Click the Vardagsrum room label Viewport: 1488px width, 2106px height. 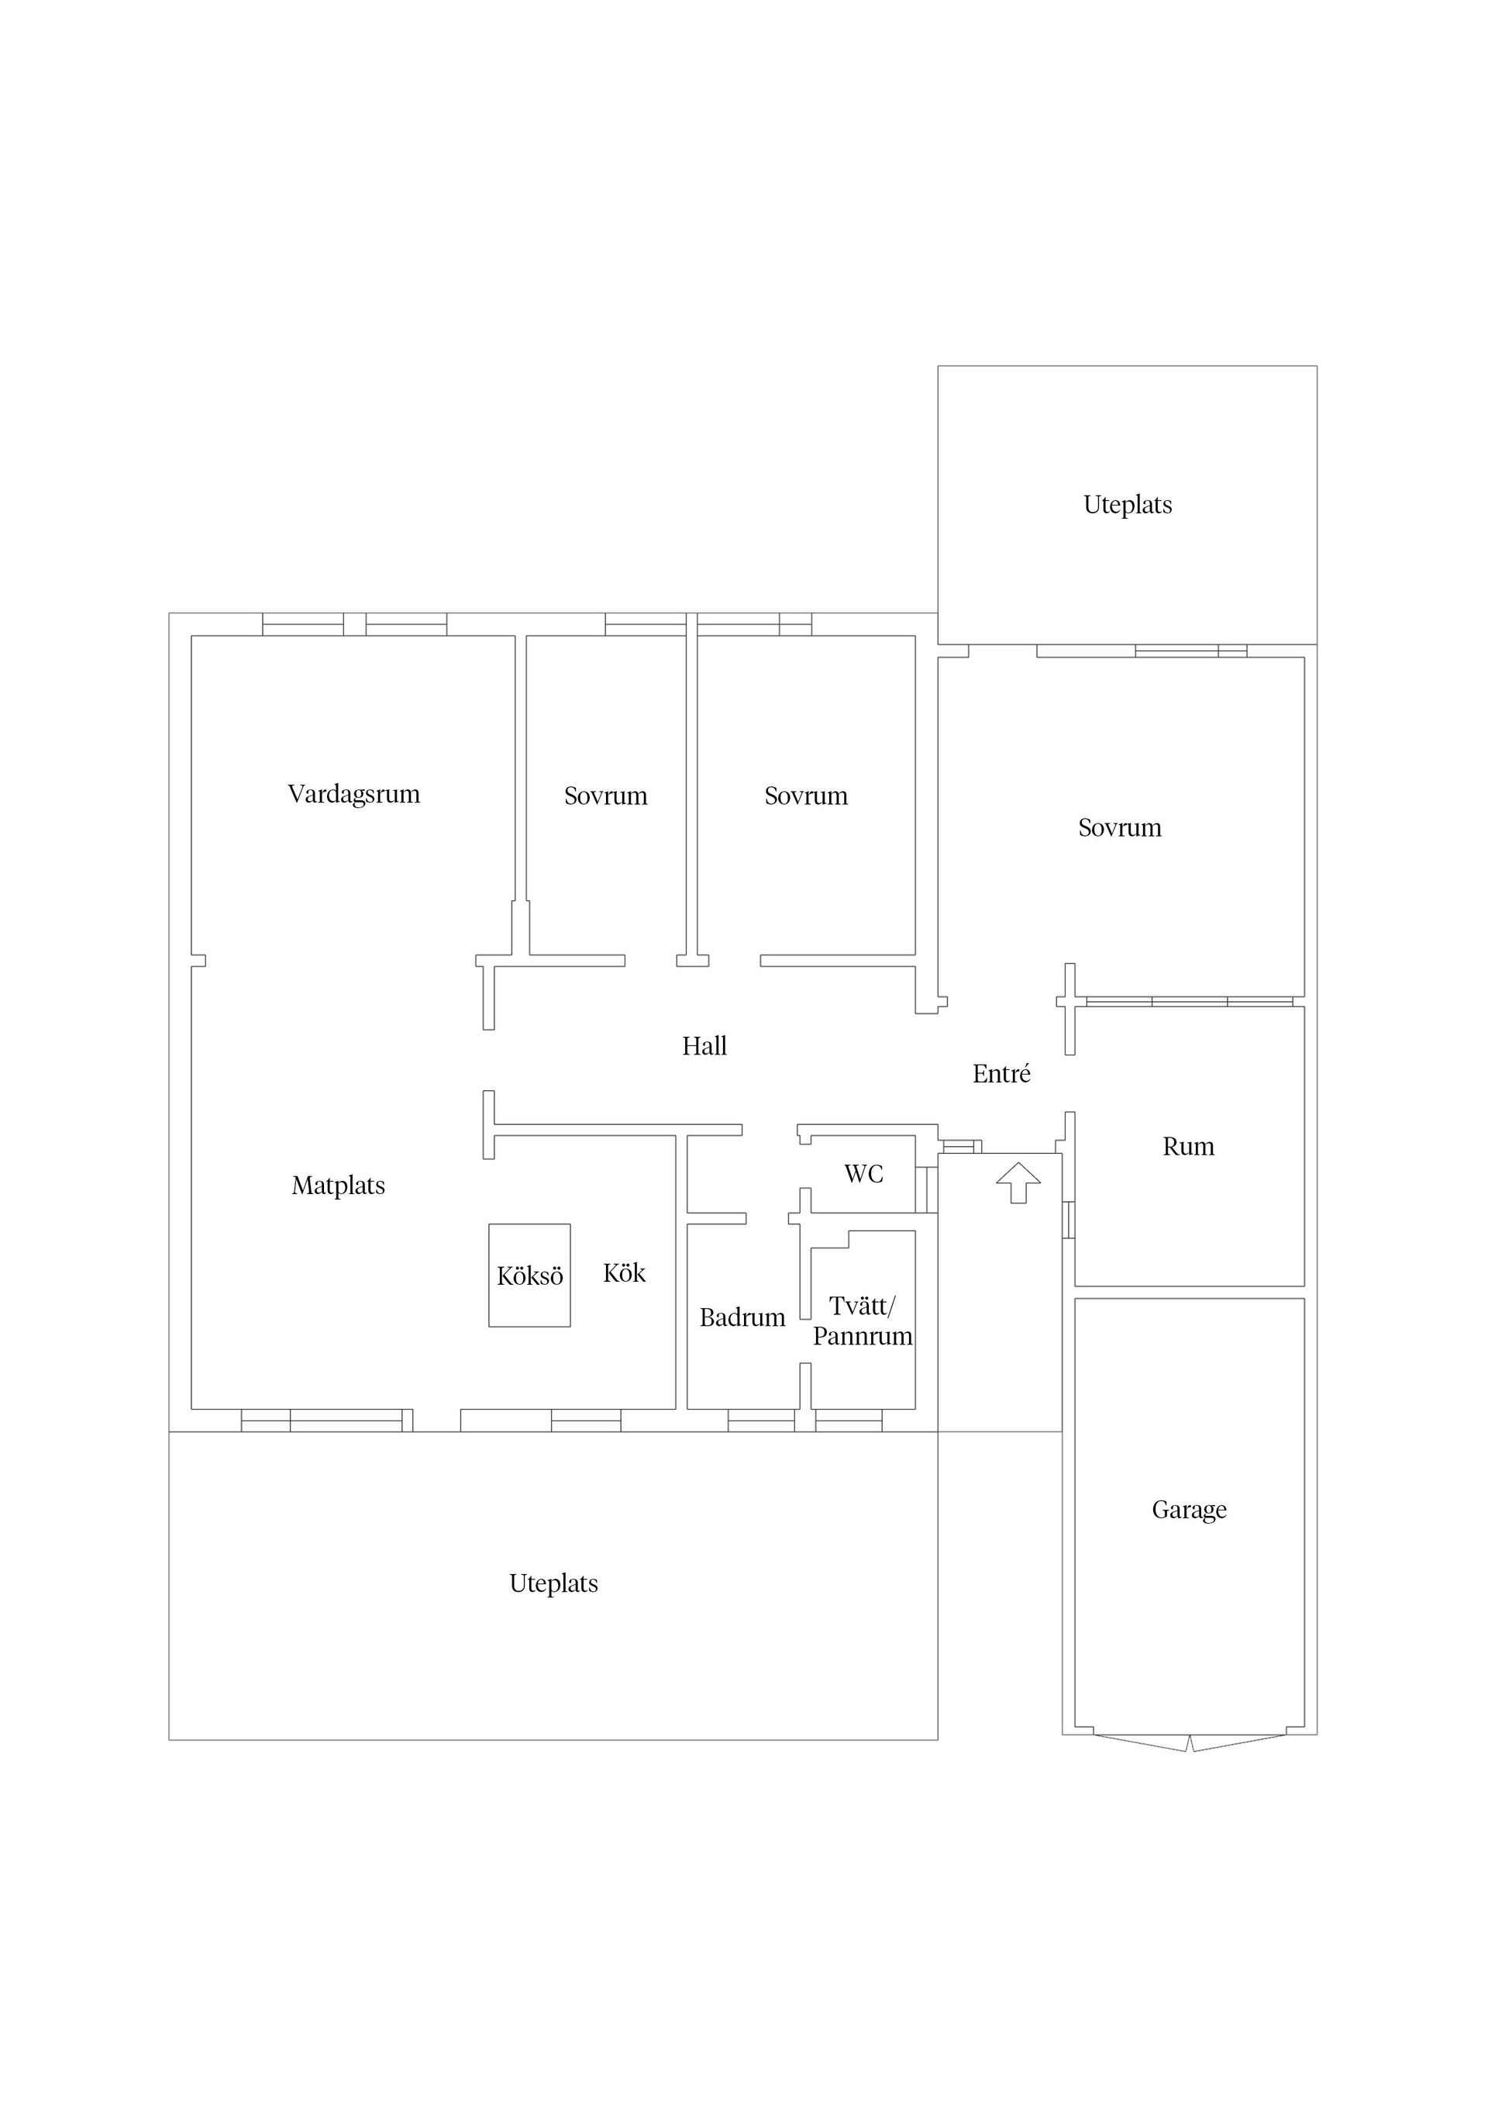tap(354, 794)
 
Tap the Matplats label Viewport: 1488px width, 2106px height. tap(339, 1186)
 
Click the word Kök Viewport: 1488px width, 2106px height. tap(625, 1272)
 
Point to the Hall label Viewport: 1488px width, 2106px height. tap(704, 1046)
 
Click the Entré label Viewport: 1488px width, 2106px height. tap(1001, 1073)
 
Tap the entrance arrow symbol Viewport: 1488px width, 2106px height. tap(1018, 1182)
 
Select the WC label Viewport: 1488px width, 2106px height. tap(863, 1173)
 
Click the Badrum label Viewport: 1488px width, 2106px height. tap(742, 1317)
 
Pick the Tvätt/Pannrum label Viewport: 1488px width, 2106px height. tap(863, 1321)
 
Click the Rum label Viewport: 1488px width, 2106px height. tap(1188, 1147)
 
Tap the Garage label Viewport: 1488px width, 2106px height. tap(1189, 1510)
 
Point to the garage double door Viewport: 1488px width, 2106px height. tap(1189, 1743)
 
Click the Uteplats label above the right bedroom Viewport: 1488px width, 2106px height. tap(1128, 506)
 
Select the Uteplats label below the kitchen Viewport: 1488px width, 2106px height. tap(554, 1584)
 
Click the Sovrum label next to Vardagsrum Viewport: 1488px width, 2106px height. tap(606, 796)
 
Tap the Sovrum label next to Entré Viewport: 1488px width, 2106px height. tap(1119, 828)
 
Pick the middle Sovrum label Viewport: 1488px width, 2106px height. tap(806, 796)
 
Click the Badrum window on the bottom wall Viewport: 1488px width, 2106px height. tap(761, 1420)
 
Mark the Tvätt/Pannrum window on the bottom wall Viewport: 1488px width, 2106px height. tap(849, 1420)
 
